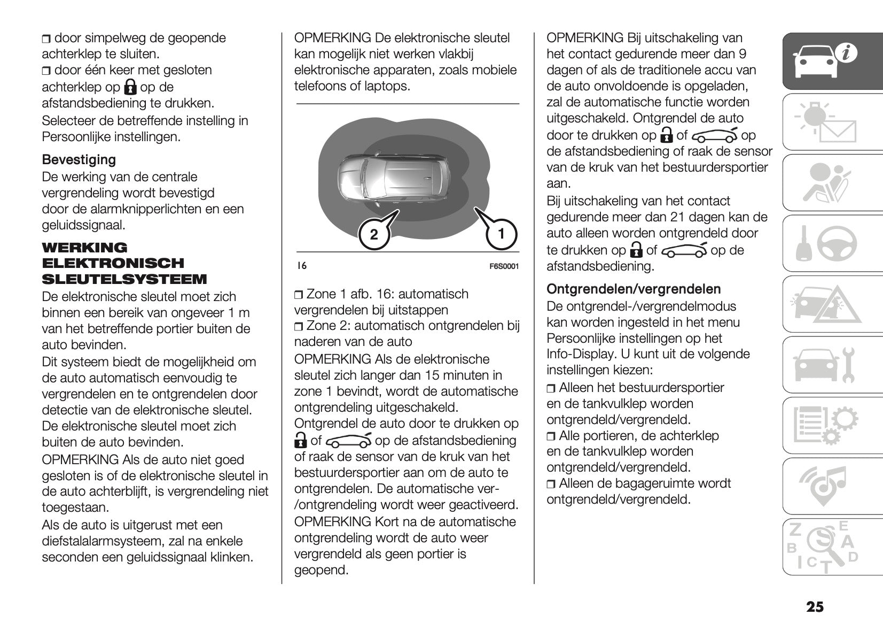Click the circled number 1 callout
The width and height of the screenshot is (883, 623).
tap(501, 234)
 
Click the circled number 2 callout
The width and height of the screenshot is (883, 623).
tap(374, 234)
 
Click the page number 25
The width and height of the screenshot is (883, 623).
tap(815, 607)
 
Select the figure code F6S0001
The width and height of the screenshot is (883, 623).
tap(504, 266)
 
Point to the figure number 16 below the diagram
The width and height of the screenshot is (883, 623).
tap(302, 266)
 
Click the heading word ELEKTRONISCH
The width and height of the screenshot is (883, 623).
tap(113, 263)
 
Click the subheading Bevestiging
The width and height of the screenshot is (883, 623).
tap(79, 159)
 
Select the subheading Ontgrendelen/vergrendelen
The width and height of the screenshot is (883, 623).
tap(634, 289)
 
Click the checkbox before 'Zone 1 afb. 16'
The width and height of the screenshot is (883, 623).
tap(299, 295)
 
